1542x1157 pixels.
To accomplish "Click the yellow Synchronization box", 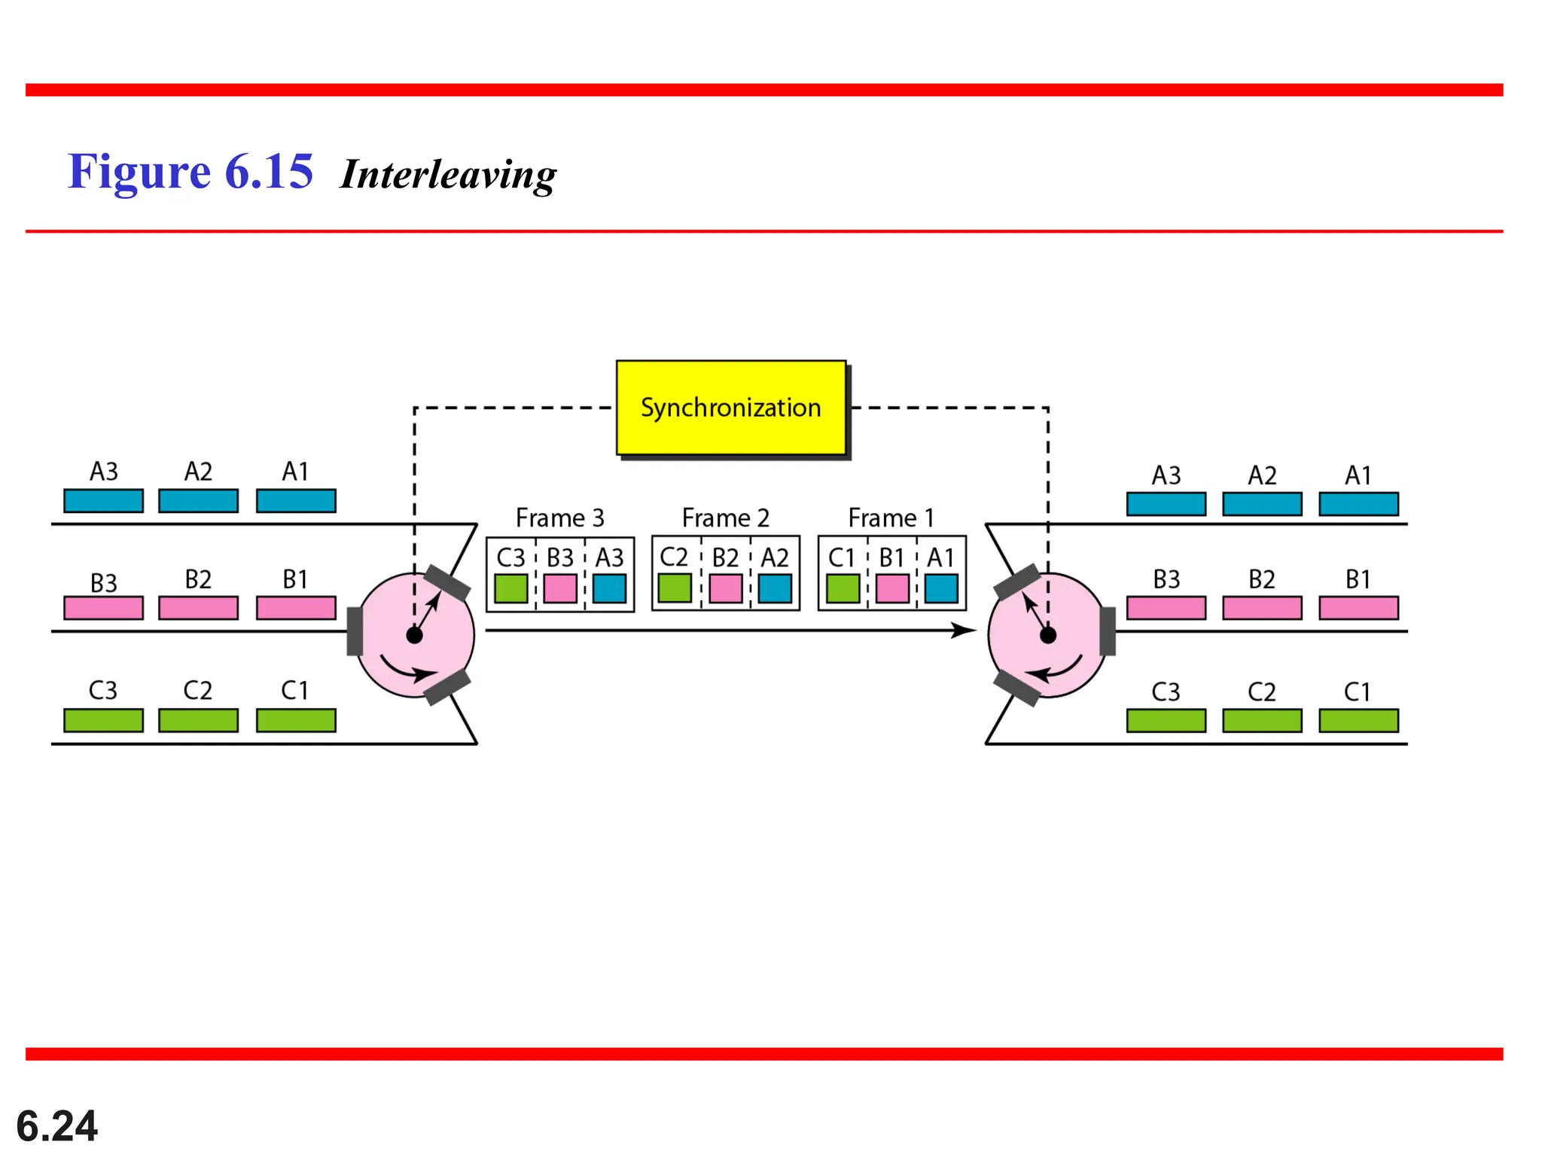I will pyautogui.click(x=730, y=408).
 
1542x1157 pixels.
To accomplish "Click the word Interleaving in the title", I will pyautogui.click(x=448, y=174).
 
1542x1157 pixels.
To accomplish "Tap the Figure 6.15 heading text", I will pyautogui.click(x=190, y=171).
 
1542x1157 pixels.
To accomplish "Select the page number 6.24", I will pyautogui.click(x=56, y=1126).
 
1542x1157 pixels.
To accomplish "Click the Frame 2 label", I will pyautogui.click(x=725, y=517).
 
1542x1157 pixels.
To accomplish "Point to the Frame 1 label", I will pyautogui.click(x=891, y=517).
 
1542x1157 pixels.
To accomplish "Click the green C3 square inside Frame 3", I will pyautogui.click(x=510, y=588).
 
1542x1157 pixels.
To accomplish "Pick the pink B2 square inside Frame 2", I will pyautogui.click(x=725, y=588).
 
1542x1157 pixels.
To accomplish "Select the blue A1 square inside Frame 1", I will pyautogui.click(x=941, y=588).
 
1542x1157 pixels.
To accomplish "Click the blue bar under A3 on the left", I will pyautogui.click(x=103, y=501).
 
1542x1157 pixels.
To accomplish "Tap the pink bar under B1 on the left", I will pyautogui.click(x=296, y=608).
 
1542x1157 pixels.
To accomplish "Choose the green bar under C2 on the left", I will pyautogui.click(x=198, y=720).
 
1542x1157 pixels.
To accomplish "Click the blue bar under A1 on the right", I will pyautogui.click(x=1358, y=504).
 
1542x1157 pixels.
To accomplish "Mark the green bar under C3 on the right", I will pyautogui.click(x=1166, y=720).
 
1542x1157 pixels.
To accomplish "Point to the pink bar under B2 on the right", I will pyautogui.click(x=1262, y=608).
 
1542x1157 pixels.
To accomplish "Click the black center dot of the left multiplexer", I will pyautogui.click(x=414, y=636).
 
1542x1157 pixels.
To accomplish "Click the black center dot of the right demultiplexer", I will pyautogui.click(x=1047, y=636).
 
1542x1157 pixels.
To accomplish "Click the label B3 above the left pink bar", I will pyautogui.click(x=103, y=583).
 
